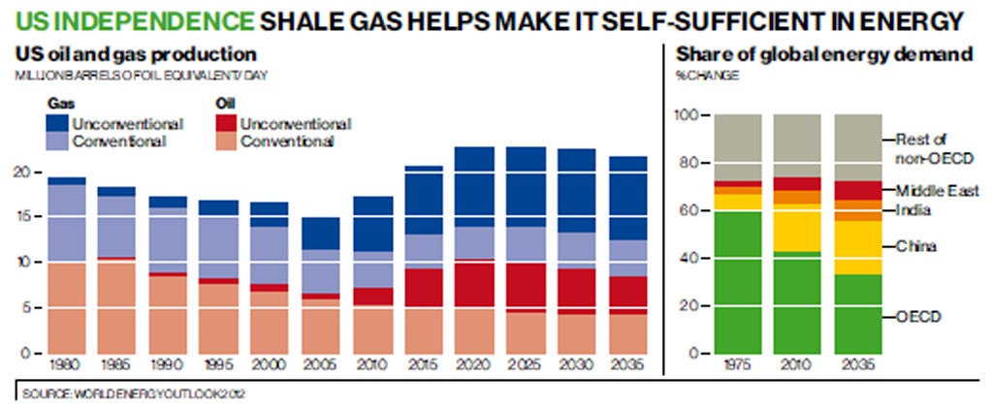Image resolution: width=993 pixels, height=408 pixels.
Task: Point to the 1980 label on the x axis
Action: (x=66, y=368)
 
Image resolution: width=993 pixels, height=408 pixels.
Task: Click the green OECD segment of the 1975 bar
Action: (x=737, y=281)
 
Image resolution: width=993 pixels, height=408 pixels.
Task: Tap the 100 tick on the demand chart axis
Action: (x=685, y=115)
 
